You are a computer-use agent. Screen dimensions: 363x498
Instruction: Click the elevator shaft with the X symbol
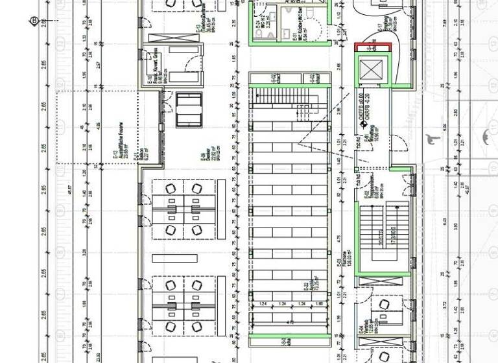[372, 69]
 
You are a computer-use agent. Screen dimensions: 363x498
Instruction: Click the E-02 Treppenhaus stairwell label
[370, 186]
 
